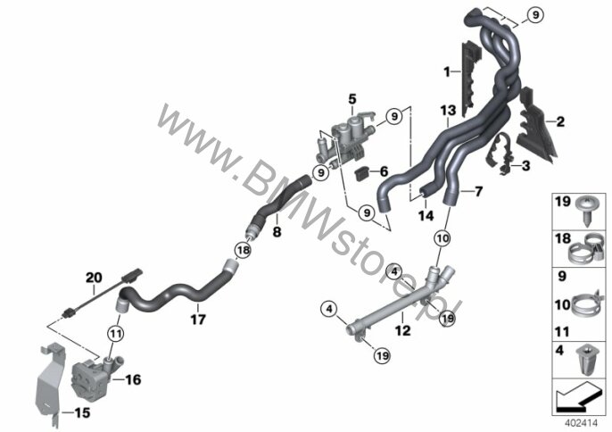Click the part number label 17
pyautogui.click(x=198, y=320)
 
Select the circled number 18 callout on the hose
pyautogui.click(x=243, y=250)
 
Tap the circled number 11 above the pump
pyautogui.click(x=116, y=334)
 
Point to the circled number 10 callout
pyautogui.click(x=442, y=238)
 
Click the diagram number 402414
pyautogui.click(x=582, y=422)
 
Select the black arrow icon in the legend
pyautogui.click(x=577, y=398)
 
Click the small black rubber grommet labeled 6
pyautogui.click(x=363, y=172)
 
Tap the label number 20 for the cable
pyautogui.click(x=94, y=278)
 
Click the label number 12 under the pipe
pyautogui.click(x=403, y=330)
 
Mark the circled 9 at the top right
pyautogui.click(x=535, y=15)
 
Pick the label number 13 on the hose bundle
pyautogui.click(x=448, y=111)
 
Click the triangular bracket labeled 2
pyautogui.click(x=535, y=126)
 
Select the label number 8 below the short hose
pyautogui.click(x=277, y=232)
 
